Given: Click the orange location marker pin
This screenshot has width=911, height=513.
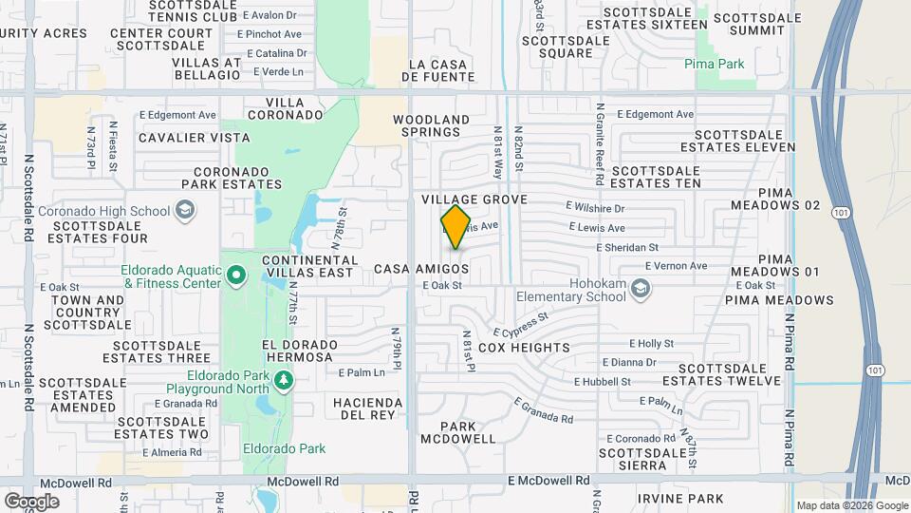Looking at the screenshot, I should [x=456, y=227].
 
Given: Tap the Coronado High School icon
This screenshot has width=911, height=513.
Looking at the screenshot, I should [x=186, y=210].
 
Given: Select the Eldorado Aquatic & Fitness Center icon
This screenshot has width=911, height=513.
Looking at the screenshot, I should [x=236, y=277].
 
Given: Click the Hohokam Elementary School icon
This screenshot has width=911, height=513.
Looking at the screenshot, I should [x=641, y=287].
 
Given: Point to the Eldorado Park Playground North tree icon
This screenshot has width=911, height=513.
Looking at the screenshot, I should [x=283, y=380].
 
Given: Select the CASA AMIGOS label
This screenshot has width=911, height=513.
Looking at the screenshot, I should [x=421, y=270].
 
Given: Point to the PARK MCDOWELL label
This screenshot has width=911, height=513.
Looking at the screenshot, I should [x=457, y=432].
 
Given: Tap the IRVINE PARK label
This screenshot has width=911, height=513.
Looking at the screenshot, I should [x=680, y=499].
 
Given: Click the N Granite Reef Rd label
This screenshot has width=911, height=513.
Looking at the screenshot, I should [x=600, y=147].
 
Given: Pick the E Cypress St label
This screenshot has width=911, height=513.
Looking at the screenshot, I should [x=521, y=326].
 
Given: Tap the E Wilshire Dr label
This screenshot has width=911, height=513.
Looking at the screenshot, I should [x=595, y=208].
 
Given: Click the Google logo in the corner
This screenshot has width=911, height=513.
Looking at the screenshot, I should [x=31, y=501].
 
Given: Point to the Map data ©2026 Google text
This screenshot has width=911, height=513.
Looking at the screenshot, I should [x=851, y=505].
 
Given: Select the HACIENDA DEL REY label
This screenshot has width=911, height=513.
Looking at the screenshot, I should [x=367, y=408].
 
